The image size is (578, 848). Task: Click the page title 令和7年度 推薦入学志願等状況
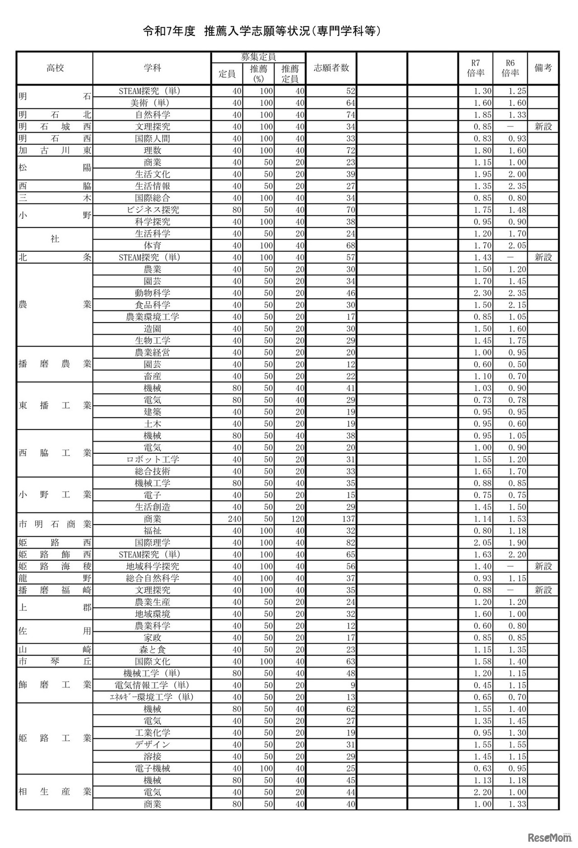coord(262,31)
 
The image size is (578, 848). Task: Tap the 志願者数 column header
coord(331,68)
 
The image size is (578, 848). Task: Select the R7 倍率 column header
coord(475,68)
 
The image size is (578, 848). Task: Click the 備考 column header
coord(543,68)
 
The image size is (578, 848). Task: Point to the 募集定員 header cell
coord(258,57)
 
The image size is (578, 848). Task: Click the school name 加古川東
coord(55,151)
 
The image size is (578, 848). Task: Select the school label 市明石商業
coord(55,525)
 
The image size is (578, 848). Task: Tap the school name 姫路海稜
coord(55,567)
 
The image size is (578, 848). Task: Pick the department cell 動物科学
coord(152,293)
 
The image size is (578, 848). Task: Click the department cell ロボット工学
coord(152,460)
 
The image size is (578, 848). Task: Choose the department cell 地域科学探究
coord(152,567)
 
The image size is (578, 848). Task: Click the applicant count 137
coord(348,519)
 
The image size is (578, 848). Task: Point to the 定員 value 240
coord(235,519)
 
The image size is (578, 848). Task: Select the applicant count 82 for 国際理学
coord(350,543)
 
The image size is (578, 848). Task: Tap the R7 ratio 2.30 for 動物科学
coord(482,293)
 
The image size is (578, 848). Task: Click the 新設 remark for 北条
coord(543,258)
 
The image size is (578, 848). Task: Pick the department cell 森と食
coord(152,650)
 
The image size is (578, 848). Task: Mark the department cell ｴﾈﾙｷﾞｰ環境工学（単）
coord(152,697)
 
